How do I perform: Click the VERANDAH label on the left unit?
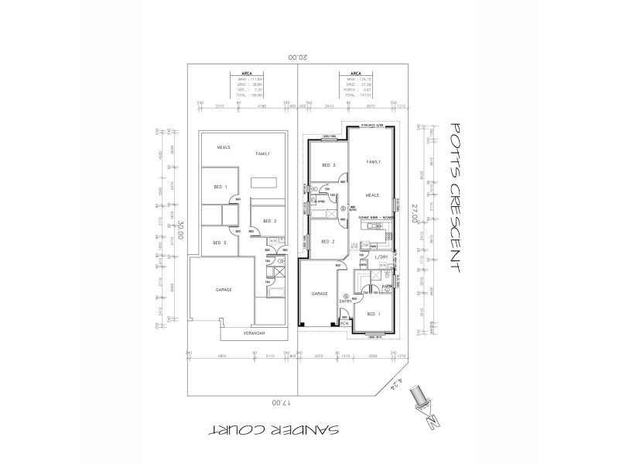(x=255, y=333)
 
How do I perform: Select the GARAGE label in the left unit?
(x=224, y=289)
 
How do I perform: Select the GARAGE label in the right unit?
(x=320, y=294)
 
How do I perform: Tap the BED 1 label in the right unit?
(x=372, y=313)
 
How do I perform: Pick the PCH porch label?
(x=344, y=325)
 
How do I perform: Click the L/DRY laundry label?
(x=381, y=257)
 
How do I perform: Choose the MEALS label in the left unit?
(x=224, y=146)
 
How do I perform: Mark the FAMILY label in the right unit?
(x=374, y=161)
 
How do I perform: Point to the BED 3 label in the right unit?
(x=327, y=165)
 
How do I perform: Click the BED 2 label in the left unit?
(x=269, y=221)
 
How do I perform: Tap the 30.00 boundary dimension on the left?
(x=181, y=232)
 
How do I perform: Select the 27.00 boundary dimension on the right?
(x=415, y=213)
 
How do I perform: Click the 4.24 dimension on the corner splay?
(x=398, y=382)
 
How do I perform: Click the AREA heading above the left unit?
(x=246, y=74)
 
